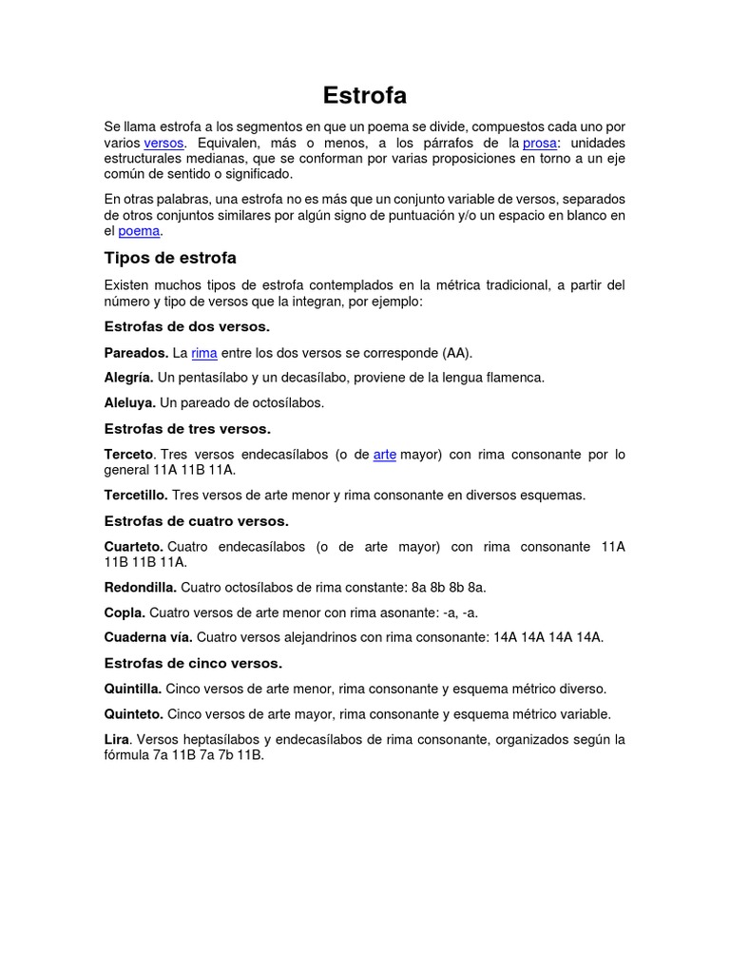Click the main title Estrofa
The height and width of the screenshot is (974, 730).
365,95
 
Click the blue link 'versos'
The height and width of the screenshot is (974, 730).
163,143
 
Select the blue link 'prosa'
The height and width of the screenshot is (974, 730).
540,143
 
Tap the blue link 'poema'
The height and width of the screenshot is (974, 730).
139,231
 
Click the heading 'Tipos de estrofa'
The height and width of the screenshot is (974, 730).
170,259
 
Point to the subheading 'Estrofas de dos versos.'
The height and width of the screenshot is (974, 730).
187,327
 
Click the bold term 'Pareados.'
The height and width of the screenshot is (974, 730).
136,353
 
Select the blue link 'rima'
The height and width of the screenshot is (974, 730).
204,353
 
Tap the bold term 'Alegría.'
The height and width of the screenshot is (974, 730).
129,378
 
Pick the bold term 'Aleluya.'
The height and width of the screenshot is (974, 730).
129,402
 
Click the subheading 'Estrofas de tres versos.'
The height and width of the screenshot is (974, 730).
187,429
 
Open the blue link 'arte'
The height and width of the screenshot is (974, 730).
385,455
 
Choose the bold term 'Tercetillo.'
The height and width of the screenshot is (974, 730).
136,496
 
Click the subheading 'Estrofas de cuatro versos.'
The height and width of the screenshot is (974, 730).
196,521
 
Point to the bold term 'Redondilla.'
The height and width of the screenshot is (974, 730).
140,588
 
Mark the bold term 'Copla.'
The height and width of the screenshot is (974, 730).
125,613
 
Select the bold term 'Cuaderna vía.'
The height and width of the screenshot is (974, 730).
148,637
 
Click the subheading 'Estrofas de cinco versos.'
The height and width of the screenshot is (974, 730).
193,663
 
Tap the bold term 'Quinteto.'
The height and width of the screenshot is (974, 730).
133,714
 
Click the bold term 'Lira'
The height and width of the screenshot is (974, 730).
116,740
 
